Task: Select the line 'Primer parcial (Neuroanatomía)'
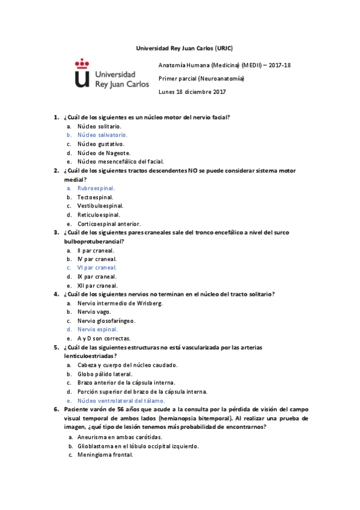click(x=201, y=78)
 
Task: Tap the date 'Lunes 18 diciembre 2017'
click(x=192, y=91)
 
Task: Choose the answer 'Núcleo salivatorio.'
click(x=102, y=135)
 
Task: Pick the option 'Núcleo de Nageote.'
click(x=104, y=153)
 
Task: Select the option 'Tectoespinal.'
click(x=95, y=197)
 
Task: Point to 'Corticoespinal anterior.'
click(x=109, y=224)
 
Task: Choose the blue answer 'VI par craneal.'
click(x=97, y=268)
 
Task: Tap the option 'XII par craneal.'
click(x=97, y=286)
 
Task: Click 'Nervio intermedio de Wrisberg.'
click(x=120, y=303)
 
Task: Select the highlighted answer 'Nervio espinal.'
click(x=97, y=330)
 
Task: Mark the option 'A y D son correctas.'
click(x=104, y=339)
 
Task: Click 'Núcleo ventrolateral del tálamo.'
click(x=121, y=401)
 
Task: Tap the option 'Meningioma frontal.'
click(x=105, y=455)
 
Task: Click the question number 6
click(x=56, y=409)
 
